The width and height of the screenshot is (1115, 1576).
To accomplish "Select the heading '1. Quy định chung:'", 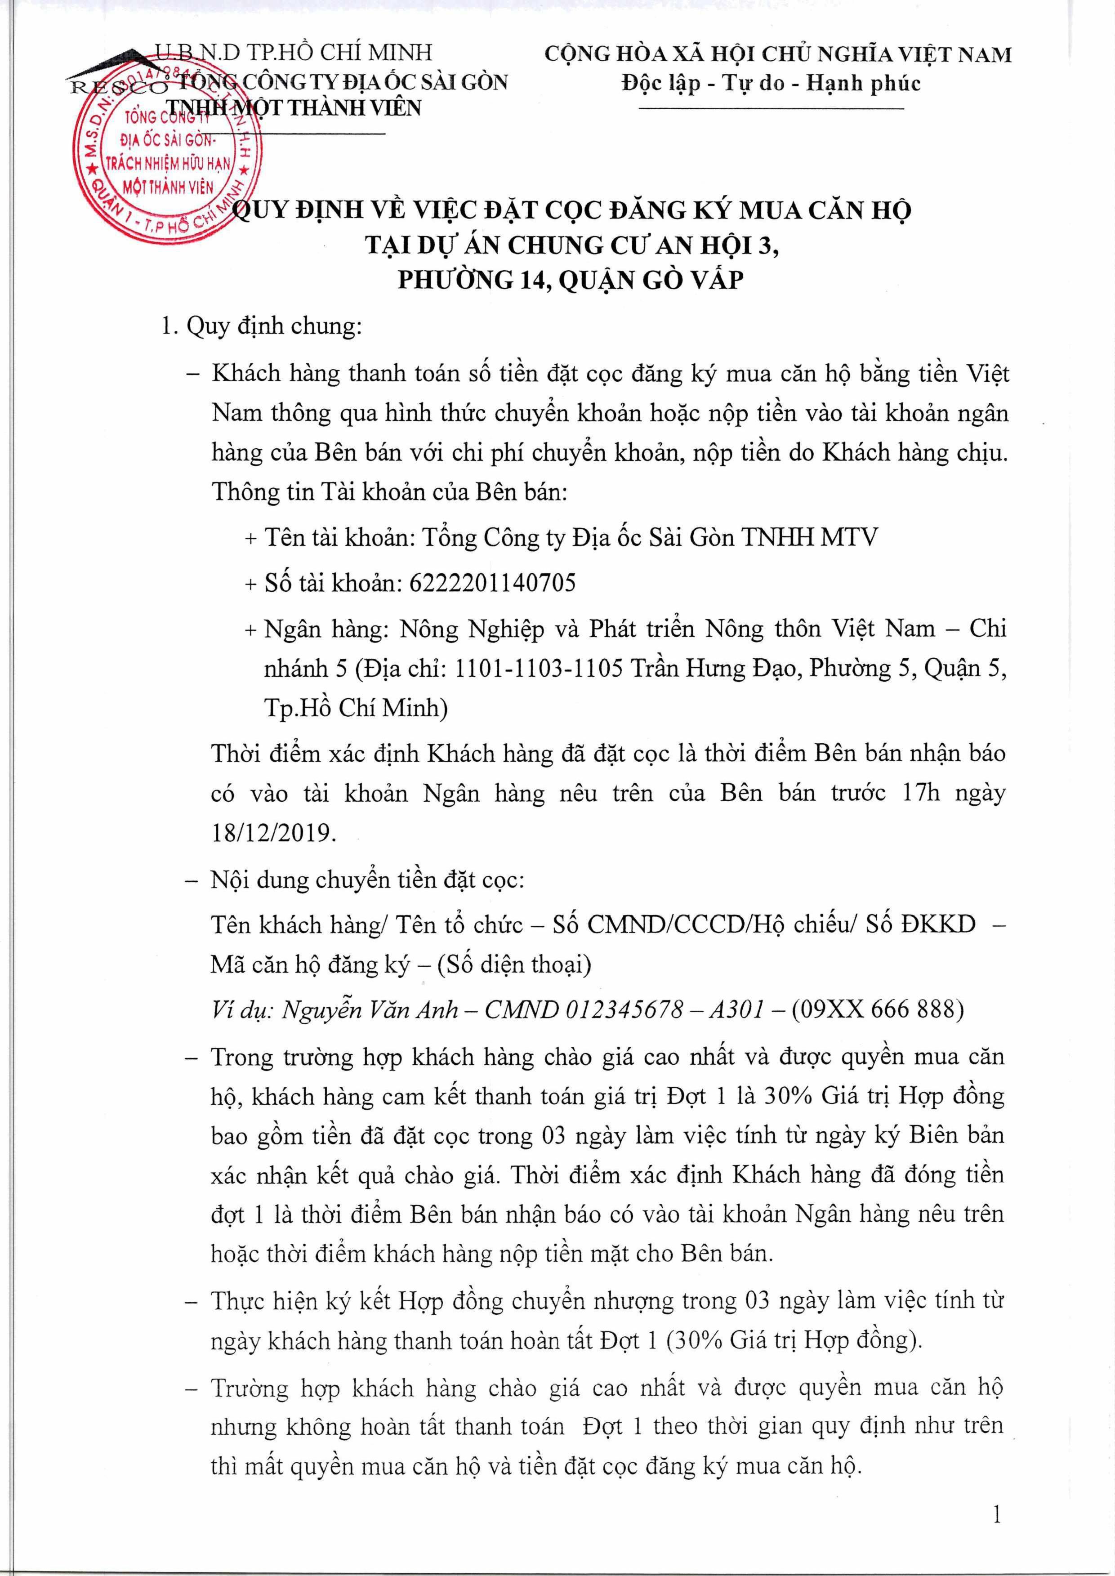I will [261, 326].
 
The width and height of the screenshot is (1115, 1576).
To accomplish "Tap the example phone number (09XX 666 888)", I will [878, 1009].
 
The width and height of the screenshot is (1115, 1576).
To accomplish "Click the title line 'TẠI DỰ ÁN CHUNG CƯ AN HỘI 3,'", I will [572, 245].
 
